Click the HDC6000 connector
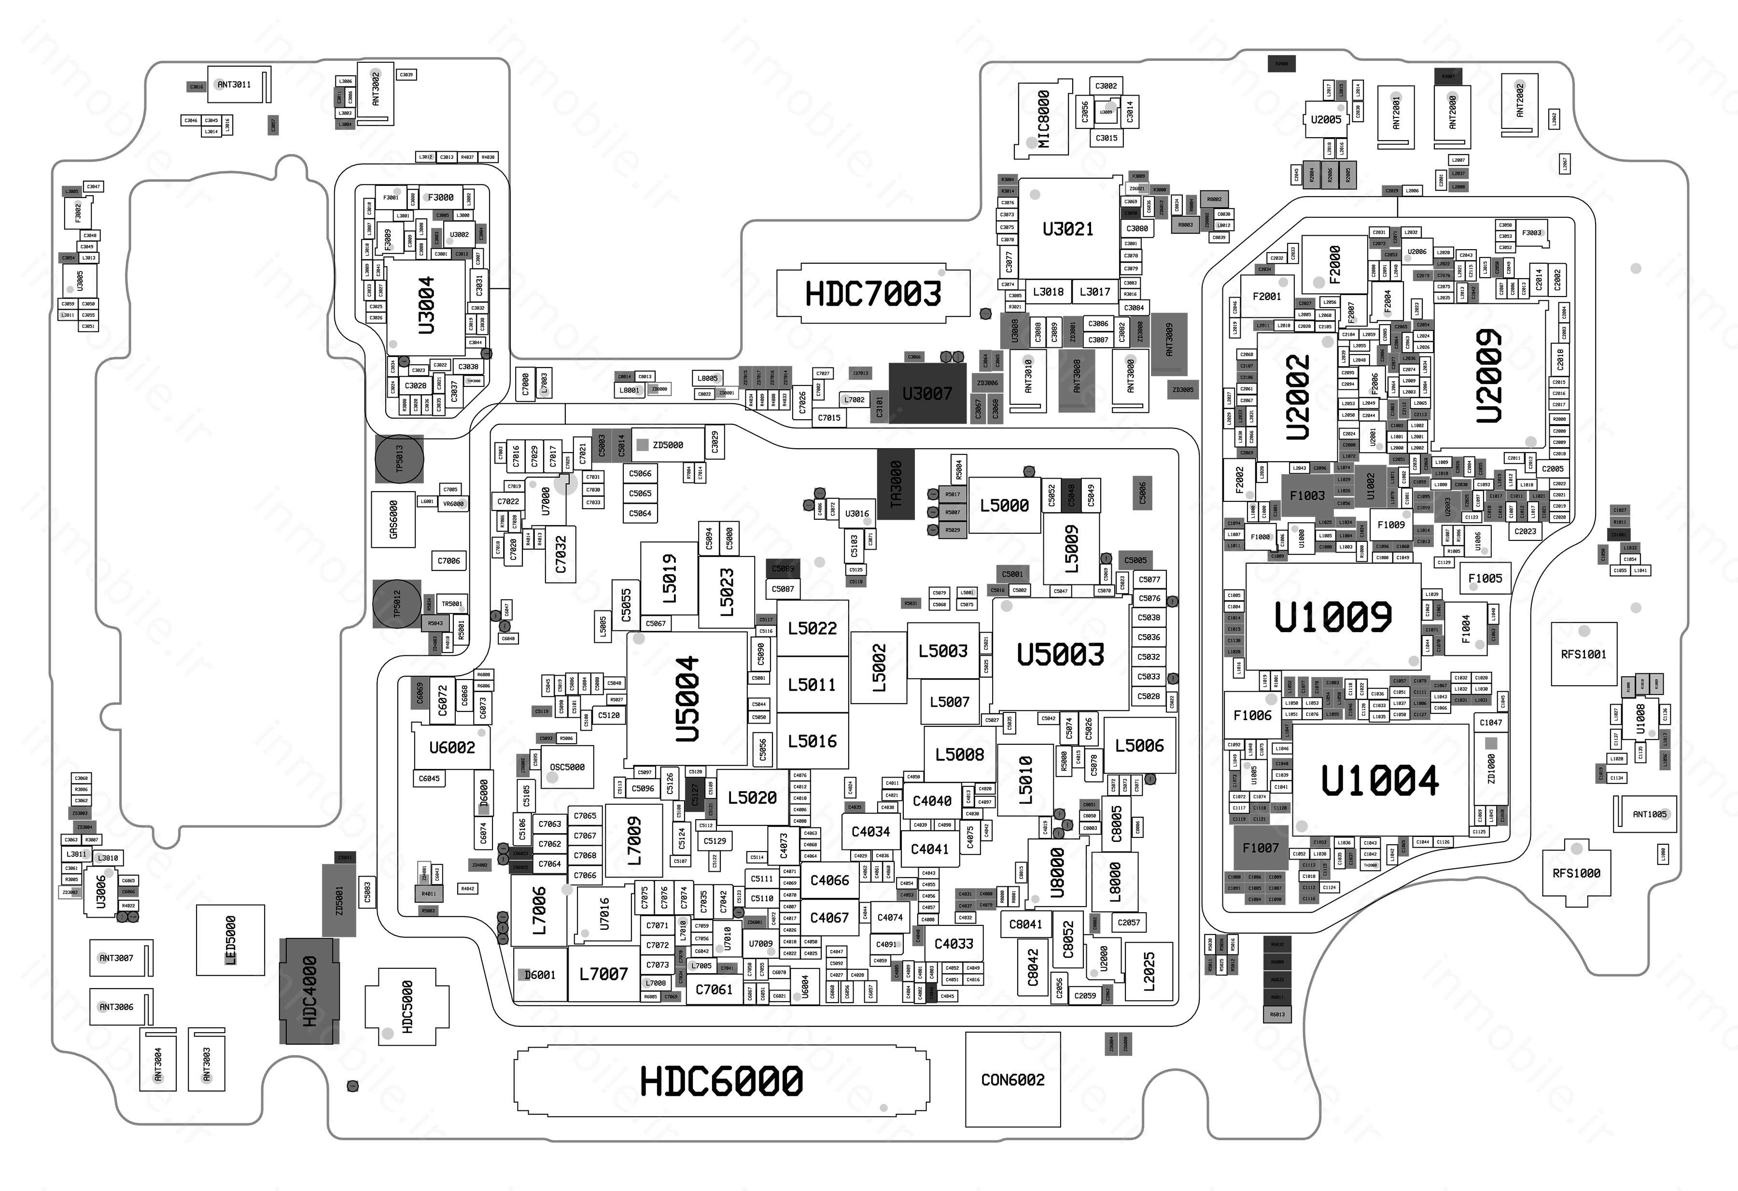[x=722, y=1081]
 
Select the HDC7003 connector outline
[x=873, y=294]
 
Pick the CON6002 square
[x=1012, y=1079]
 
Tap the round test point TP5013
[x=399, y=458]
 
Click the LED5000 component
[x=230, y=940]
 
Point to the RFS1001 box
[x=1583, y=654]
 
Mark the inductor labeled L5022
[x=812, y=628]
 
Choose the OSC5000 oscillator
[x=567, y=767]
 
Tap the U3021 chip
[x=1068, y=229]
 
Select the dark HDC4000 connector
[x=309, y=991]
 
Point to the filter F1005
[x=1485, y=578]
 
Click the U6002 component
[x=452, y=747]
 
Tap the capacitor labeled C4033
[x=953, y=943]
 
